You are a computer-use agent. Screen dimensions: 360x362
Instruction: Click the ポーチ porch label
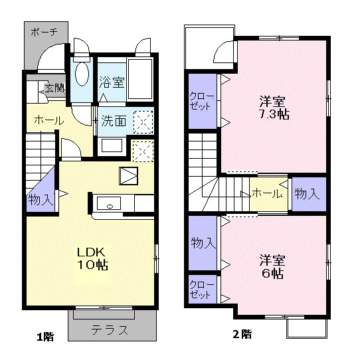44,32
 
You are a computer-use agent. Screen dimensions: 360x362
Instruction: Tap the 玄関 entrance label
54,88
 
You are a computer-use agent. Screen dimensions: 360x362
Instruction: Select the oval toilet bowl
82,74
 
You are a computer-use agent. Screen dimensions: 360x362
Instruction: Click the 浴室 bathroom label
112,82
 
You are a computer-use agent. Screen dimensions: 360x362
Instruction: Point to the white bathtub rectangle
140,79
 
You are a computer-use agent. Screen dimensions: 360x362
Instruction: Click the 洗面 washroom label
114,121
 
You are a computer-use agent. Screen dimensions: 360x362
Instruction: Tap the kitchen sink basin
109,203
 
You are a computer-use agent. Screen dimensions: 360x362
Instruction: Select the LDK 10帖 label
92,258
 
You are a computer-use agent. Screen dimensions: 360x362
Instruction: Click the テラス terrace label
110,330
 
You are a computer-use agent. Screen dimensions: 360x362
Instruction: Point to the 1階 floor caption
45,337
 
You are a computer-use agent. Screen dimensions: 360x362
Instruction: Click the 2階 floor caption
242,334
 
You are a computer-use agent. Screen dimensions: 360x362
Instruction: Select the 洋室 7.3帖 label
274,108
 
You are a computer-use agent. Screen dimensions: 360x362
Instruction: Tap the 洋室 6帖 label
272,266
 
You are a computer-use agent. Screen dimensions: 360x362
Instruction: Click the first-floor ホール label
49,120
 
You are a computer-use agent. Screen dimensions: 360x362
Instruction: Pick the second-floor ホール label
267,193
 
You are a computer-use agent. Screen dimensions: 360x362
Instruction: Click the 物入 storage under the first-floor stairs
41,199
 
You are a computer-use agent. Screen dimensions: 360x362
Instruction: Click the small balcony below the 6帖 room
307,329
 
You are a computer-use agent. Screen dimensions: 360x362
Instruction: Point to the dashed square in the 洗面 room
143,122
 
